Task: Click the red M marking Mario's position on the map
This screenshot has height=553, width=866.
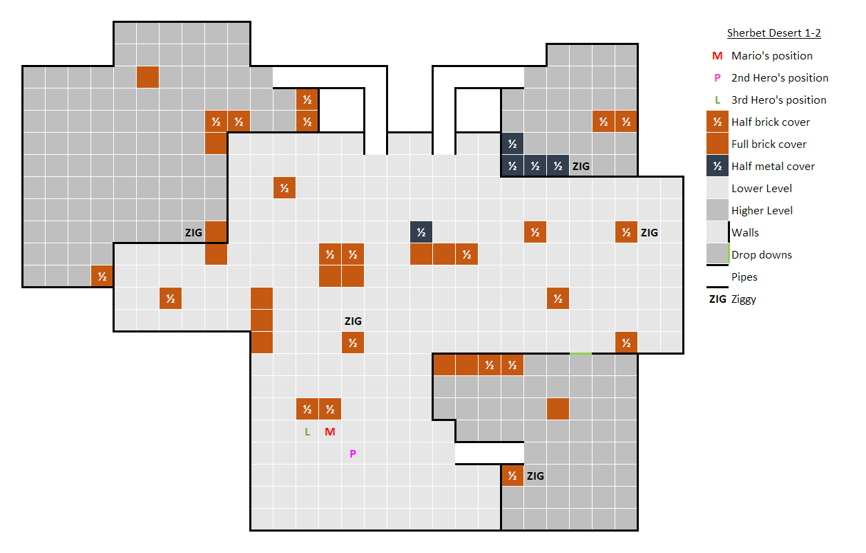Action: click(329, 432)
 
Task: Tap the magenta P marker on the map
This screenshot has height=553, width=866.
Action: click(352, 454)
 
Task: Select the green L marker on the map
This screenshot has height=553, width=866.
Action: click(307, 432)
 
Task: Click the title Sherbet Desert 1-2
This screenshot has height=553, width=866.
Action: click(773, 33)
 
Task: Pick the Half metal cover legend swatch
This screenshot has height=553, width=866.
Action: click(718, 166)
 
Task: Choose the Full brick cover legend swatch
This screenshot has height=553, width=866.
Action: click(718, 144)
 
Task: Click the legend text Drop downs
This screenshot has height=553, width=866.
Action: click(761, 254)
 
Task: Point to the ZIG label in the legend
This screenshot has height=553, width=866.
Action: click(718, 299)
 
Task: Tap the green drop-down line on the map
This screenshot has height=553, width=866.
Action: click(581, 354)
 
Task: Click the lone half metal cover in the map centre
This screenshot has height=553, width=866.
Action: click(421, 232)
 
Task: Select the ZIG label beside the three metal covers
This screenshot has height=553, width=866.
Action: click(581, 166)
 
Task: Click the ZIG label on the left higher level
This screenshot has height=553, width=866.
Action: click(193, 232)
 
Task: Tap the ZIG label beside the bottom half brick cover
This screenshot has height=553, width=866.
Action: click(535, 476)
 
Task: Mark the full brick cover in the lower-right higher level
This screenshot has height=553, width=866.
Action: click(557, 409)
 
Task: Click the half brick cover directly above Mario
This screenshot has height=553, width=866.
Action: click(329, 409)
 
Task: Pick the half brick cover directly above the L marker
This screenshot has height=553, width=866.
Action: click(307, 409)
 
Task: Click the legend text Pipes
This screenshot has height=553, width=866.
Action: click(744, 276)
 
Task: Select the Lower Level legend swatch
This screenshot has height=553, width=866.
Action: click(718, 188)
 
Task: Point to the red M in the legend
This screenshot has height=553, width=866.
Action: click(718, 56)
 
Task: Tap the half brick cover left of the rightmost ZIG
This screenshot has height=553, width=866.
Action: click(626, 232)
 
